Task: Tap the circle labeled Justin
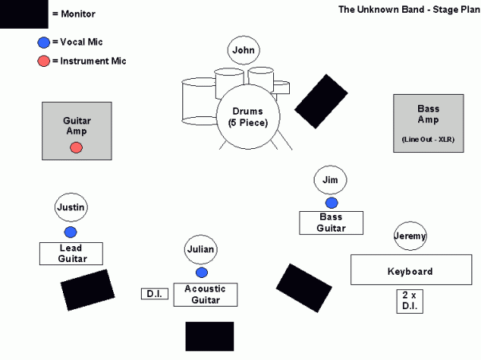pyautogui.click(x=70, y=208)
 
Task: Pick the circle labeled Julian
pyautogui.click(x=201, y=249)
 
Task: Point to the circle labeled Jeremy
pyautogui.click(x=410, y=236)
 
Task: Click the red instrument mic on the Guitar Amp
pyautogui.click(x=76, y=147)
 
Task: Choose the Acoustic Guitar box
pyautogui.click(x=206, y=294)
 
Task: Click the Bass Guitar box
pyautogui.click(x=331, y=222)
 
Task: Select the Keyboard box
pyautogui.click(x=409, y=270)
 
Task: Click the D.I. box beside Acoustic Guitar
pyautogui.click(x=154, y=294)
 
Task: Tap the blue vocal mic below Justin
pyautogui.click(x=70, y=232)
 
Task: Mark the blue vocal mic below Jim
pyautogui.click(x=331, y=203)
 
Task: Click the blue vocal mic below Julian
pyautogui.click(x=201, y=272)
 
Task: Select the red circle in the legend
pyautogui.click(x=43, y=61)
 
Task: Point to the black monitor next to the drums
pyautogui.click(x=322, y=101)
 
